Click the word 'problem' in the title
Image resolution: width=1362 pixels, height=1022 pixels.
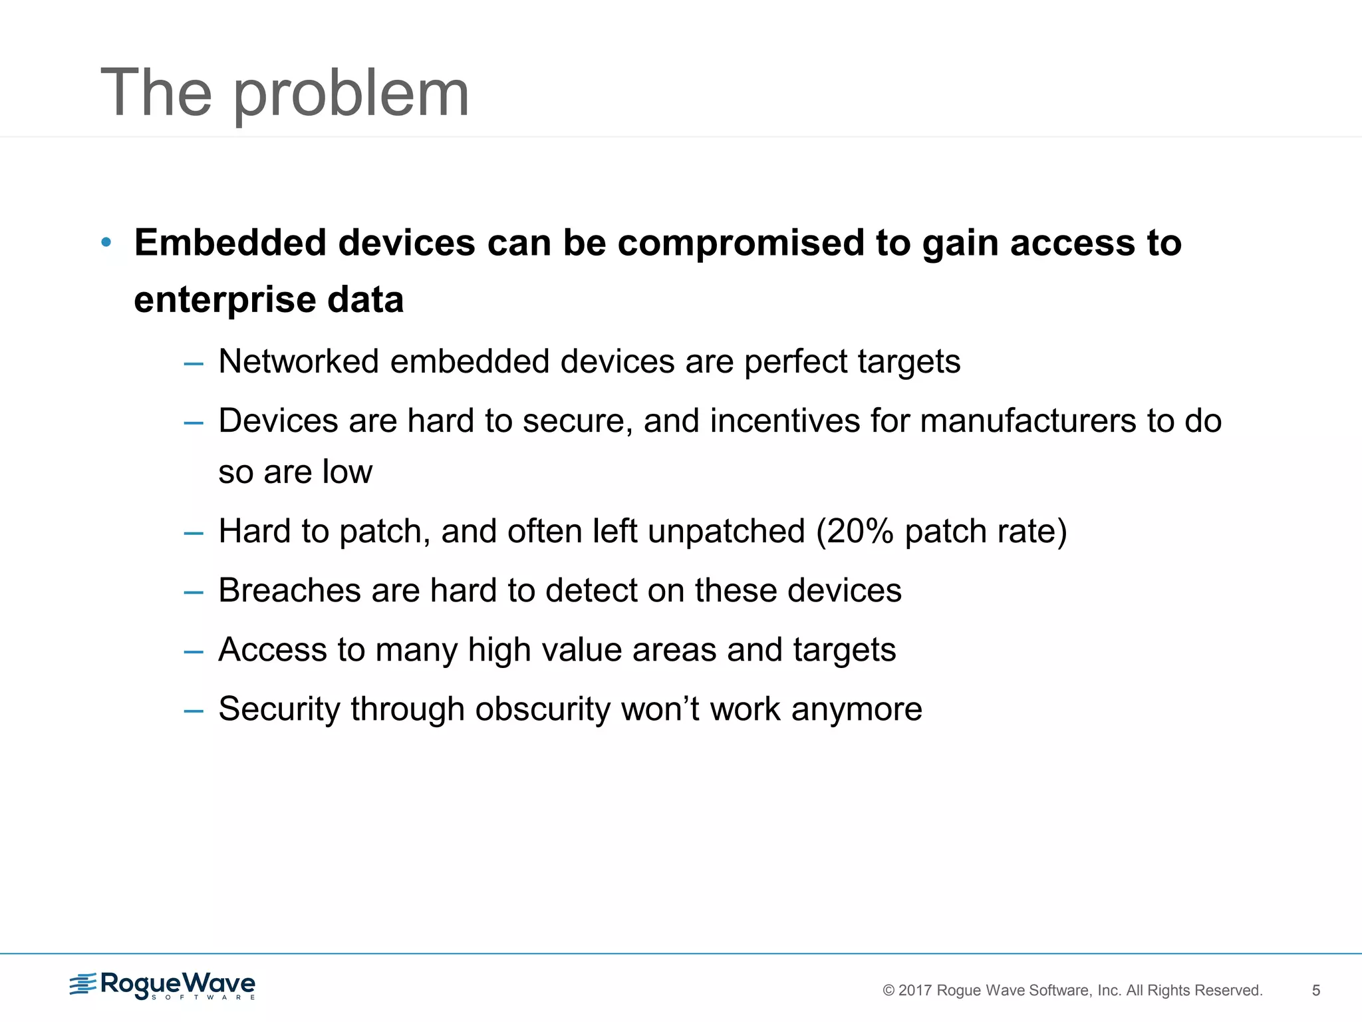[351, 94]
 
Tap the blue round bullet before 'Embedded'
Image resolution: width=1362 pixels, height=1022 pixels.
[106, 242]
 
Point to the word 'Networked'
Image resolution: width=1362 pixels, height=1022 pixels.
[299, 362]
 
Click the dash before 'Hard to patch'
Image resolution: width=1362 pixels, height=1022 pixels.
[194, 533]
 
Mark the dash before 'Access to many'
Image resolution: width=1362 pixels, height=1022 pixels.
[194, 651]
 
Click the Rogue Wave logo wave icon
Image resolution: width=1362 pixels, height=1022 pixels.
[83, 984]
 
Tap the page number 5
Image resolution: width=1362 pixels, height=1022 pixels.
[1315, 991]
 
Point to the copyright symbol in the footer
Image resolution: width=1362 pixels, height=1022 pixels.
[888, 991]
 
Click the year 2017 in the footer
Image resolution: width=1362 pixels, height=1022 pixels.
[915, 991]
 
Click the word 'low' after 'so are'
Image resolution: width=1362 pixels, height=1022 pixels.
[347, 472]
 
